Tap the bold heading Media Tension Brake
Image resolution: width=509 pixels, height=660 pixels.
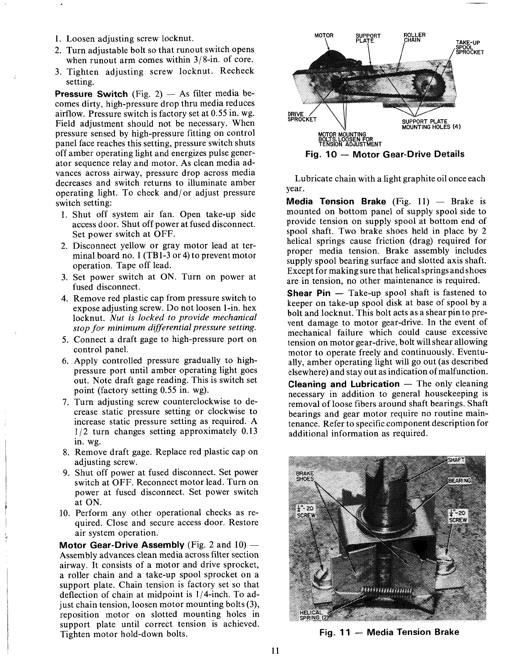(336, 202)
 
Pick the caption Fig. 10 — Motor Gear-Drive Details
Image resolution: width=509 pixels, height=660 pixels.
(384, 154)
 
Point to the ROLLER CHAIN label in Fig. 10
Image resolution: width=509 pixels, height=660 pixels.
(414, 37)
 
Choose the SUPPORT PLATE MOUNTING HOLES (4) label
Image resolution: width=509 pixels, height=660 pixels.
(430, 124)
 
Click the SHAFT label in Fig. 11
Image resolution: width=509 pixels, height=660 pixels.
(456, 459)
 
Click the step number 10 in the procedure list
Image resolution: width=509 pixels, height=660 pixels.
(65, 513)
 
